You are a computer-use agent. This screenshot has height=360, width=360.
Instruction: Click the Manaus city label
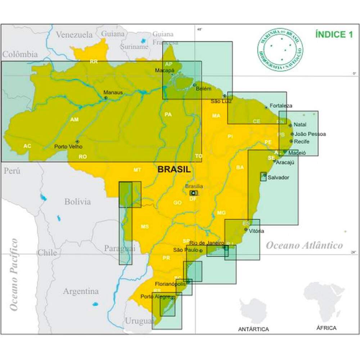tap(113, 92)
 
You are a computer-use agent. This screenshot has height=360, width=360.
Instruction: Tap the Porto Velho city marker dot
tap(77, 141)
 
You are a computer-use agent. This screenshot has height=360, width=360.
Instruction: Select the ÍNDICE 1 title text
tap(334, 35)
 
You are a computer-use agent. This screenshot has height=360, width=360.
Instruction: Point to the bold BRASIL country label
tap(174, 170)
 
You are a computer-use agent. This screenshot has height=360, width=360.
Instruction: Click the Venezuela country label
tap(75, 35)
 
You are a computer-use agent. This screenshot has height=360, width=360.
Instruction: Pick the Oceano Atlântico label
tap(304, 246)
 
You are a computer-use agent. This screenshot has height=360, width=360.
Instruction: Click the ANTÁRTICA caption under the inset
tap(253, 329)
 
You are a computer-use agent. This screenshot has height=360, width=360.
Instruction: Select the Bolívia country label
tap(77, 202)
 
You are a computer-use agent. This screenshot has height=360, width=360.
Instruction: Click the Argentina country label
tap(81, 291)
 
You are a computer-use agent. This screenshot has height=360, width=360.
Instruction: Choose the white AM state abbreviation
tap(75, 120)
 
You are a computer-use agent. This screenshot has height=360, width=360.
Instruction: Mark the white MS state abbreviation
tap(144, 226)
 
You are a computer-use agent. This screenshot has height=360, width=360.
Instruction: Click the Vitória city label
tap(256, 231)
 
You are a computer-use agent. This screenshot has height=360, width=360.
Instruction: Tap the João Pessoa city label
tap(310, 134)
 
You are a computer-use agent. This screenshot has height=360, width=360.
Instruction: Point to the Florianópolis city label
tap(171, 284)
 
